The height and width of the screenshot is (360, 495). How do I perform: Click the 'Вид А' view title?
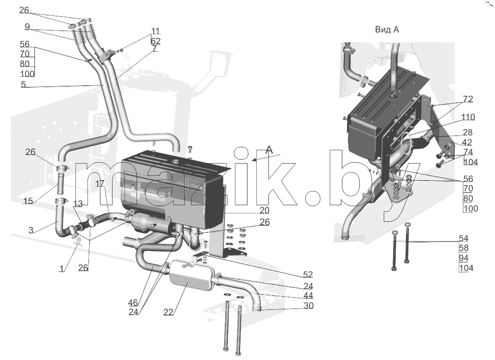click(387, 29)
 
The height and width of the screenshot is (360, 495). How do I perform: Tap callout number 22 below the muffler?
click(168, 312)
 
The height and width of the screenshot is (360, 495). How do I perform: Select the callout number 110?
click(468, 117)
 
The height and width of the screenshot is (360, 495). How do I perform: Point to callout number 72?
click(468, 99)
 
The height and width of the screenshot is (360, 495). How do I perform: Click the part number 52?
click(308, 274)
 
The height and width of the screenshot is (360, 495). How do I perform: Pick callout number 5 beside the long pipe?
click(23, 84)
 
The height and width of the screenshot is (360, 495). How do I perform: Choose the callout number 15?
click(28, 201)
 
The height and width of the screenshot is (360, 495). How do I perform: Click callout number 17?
click(100, 183)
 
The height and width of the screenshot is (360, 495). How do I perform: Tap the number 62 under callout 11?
click(155, 41)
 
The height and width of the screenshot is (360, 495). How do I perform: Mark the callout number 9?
click(27, 27)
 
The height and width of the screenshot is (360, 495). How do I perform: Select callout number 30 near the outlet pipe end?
click(308, 306)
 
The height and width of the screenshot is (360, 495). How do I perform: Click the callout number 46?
click(133, 303)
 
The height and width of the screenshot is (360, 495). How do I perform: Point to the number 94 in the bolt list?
click(464, 258)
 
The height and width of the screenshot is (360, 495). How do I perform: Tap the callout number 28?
click(468, 132)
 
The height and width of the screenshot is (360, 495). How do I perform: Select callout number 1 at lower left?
click(61, 269)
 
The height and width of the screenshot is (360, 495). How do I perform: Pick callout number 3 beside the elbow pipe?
click(31, 230)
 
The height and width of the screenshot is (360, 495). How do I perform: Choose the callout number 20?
click(264, 210)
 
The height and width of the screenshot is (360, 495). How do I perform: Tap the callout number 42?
click(467, 142)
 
